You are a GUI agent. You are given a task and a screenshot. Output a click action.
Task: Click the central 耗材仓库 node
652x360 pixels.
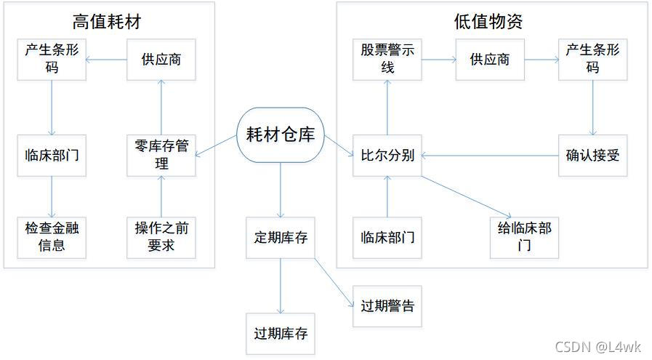[x=281, y=135]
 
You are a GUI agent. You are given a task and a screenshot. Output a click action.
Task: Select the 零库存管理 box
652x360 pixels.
[x=161, y=155]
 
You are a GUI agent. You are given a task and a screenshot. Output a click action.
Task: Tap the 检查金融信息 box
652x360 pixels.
[x=52, y=236]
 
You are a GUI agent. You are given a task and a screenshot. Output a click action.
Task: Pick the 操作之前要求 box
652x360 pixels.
[x=161, y=236]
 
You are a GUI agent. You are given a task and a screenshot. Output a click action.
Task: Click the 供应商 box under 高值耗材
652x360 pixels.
[x=161, y=60]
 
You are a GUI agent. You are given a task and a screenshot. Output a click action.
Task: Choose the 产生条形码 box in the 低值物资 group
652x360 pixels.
[x=592, y=60]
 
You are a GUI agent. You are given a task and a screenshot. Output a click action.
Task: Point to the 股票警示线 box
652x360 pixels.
[x=387, y=60]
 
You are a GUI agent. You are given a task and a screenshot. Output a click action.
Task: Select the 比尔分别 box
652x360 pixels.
[x=387, y=155]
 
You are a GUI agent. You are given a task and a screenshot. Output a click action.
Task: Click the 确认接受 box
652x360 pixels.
[x=592, y=155]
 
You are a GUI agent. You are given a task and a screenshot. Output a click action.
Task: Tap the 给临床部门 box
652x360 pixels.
[x=524, y=236]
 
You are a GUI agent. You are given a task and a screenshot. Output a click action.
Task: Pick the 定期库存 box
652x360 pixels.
[x=281, y=237]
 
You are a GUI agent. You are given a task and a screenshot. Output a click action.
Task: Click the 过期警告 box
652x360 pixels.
[x=387, y=305]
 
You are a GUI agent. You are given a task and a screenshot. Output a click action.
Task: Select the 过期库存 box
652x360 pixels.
[x=281, y=334]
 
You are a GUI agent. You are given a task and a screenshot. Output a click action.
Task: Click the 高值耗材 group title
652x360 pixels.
[x=108, y=22]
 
